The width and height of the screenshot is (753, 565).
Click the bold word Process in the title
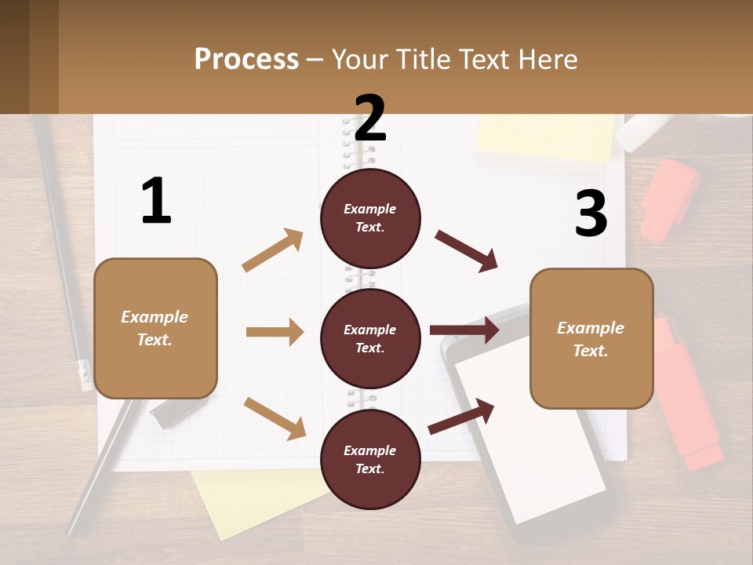246,60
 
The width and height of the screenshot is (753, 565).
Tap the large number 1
156,202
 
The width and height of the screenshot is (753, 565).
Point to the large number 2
370,118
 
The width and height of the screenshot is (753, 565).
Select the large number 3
591,214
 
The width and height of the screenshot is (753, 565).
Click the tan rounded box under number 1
155,328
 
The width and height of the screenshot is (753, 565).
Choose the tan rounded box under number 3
591,338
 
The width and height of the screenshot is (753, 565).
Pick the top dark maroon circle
370,218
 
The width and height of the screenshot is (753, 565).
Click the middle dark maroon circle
370,338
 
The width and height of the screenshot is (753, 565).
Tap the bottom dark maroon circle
370,459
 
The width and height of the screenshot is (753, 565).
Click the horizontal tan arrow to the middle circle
275,332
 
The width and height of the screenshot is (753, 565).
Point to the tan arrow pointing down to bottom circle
275,418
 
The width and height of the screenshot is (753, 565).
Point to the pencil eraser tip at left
85,375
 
